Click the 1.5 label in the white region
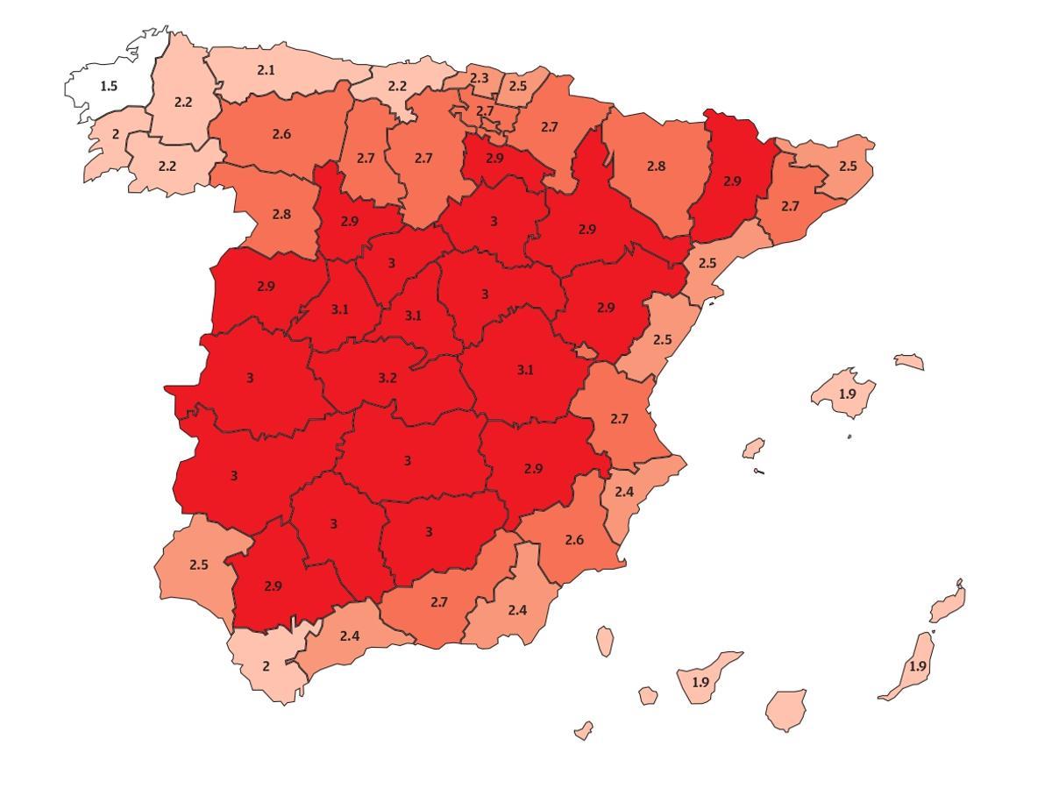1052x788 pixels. pos(109,87)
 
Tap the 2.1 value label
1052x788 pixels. pos(267,70)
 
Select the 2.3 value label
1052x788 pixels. pos(479,79)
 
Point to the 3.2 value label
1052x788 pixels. pos(387,379)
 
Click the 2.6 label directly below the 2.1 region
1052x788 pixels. pos(281,135)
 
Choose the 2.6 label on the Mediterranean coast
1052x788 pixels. pos(574,540)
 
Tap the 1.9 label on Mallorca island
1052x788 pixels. pos(847,394)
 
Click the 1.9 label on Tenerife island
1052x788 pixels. pos(700,682)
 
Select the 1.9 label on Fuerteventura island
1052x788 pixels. pos(917,667)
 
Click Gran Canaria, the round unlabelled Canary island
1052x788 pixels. pos(785,708)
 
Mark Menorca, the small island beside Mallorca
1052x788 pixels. pos(909,361)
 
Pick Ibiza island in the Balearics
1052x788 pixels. pos(753,449)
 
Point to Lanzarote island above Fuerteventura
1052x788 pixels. pos(949,603)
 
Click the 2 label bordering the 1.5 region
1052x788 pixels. pos(115,135)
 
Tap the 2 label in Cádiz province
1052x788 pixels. pos(267,666)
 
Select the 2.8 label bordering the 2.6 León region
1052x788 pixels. pos(281,215)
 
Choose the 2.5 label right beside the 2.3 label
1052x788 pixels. pos(518,87)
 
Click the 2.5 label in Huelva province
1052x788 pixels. pos(199,565)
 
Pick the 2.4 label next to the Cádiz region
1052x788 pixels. pos(349,636)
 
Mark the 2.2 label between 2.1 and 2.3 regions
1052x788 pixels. pos(397,87)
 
